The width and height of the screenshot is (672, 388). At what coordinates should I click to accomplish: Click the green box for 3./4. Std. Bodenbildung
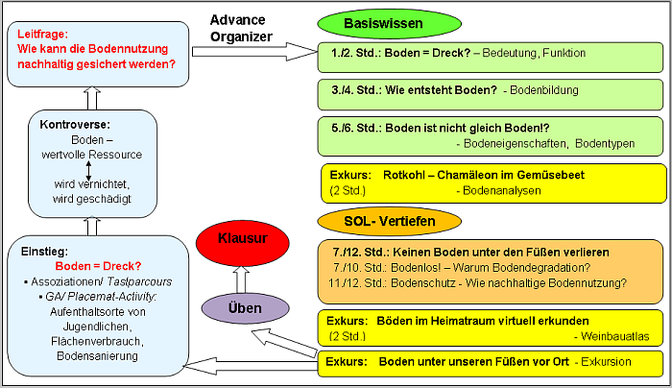pos(490,94)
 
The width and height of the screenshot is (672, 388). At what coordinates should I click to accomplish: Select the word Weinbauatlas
pos(611,336)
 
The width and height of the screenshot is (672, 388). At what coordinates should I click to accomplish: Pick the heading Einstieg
pos(43,251)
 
